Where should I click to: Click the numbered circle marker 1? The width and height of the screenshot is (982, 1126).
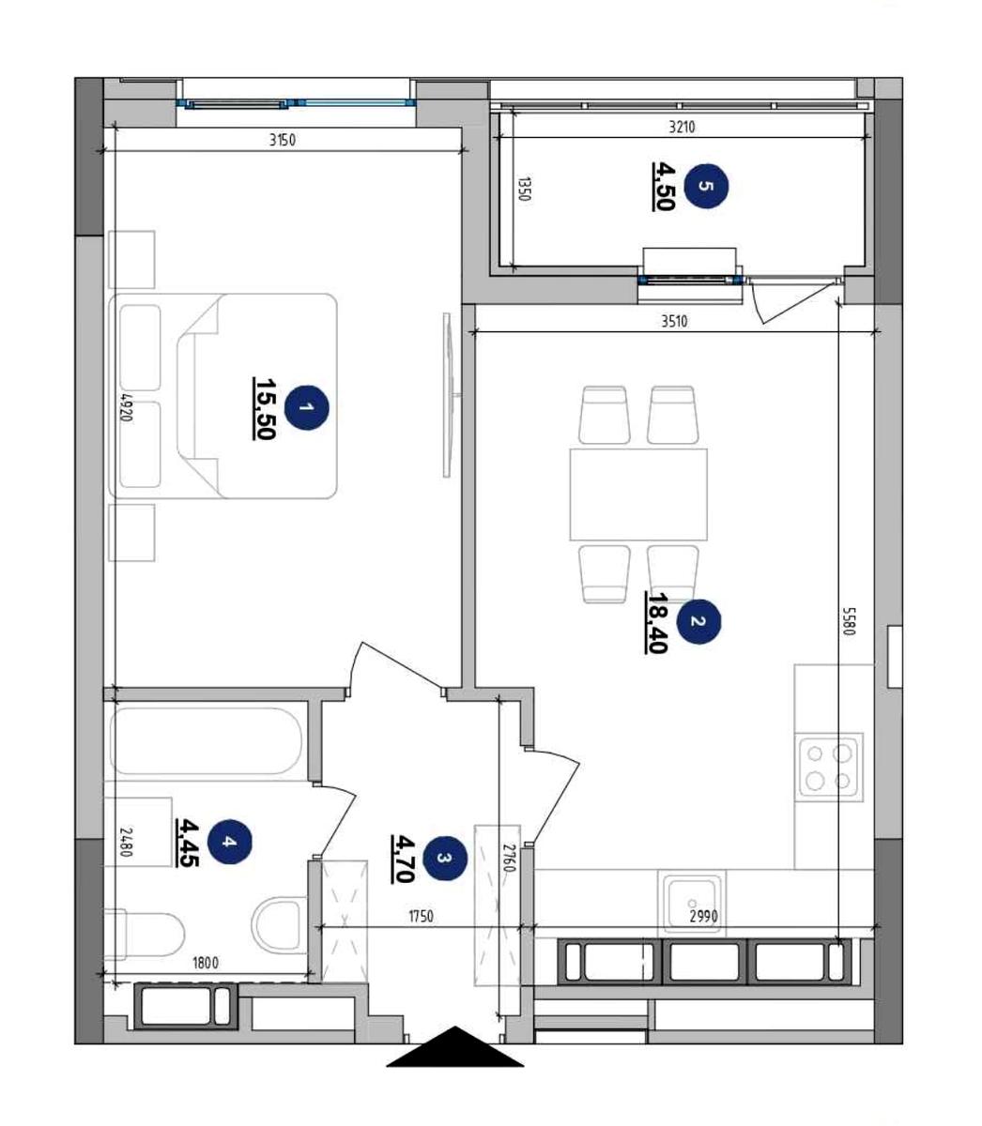point(307,407)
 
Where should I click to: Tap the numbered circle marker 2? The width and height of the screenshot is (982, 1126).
point(698,621)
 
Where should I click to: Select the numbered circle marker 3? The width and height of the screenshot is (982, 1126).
point(445,858)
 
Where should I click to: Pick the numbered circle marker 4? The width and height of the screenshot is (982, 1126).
point(229,841)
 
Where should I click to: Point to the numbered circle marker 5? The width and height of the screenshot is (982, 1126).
point(706,186)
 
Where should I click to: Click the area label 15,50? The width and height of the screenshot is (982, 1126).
point(264,408)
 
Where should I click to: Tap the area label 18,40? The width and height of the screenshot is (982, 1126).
point(656,622)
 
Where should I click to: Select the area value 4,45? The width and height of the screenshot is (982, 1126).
point(187,843)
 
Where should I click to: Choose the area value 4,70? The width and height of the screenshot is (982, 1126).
point(403,859)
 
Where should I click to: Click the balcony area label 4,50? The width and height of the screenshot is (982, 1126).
point(664,186)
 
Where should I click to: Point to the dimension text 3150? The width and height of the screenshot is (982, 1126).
point(282,141)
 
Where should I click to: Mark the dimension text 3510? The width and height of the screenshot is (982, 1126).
point(674,322)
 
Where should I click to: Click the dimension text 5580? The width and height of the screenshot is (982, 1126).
point(850,621)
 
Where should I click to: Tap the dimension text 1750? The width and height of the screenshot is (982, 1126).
point(421,917)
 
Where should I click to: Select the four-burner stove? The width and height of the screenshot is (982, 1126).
point(828,768)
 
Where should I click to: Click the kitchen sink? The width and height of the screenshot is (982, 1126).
point(692,903)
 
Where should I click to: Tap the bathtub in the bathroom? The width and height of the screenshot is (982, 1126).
point(207,741)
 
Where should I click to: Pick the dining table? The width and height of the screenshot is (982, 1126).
point(638,495)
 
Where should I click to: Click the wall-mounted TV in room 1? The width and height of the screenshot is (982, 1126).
point(448,395)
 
